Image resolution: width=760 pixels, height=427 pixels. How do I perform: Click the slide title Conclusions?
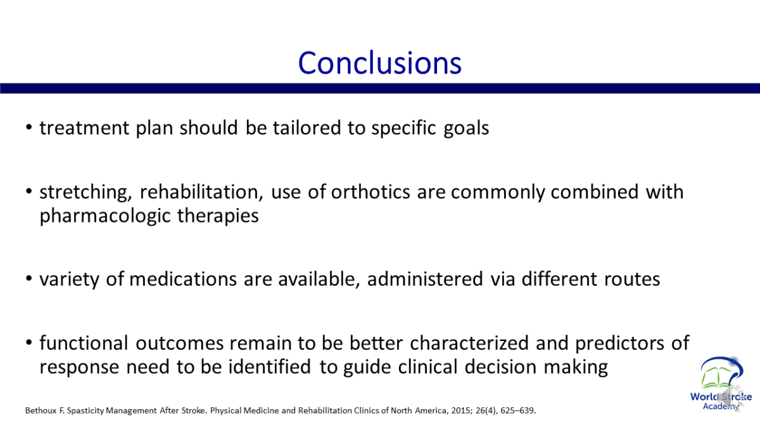point(379,63)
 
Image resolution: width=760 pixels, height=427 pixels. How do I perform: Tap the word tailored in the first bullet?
point(307,128)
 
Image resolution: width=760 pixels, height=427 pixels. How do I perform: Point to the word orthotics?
point(370,192)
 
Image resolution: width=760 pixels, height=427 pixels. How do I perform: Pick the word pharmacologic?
point(105,216)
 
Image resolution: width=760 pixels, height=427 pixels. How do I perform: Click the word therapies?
point(218,216)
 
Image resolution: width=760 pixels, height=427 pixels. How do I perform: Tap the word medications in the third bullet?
point(183,279)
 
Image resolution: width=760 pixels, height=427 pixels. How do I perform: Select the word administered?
point(425,279)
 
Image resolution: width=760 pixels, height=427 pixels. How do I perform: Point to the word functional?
point(84,343)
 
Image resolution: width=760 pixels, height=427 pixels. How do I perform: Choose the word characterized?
point(469,343)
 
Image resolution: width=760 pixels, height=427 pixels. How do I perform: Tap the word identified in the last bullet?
point(269,367)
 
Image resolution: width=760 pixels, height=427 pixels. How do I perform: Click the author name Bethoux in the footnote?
point(41,411)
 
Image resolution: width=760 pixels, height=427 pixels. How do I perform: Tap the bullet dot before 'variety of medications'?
point(29,279)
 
